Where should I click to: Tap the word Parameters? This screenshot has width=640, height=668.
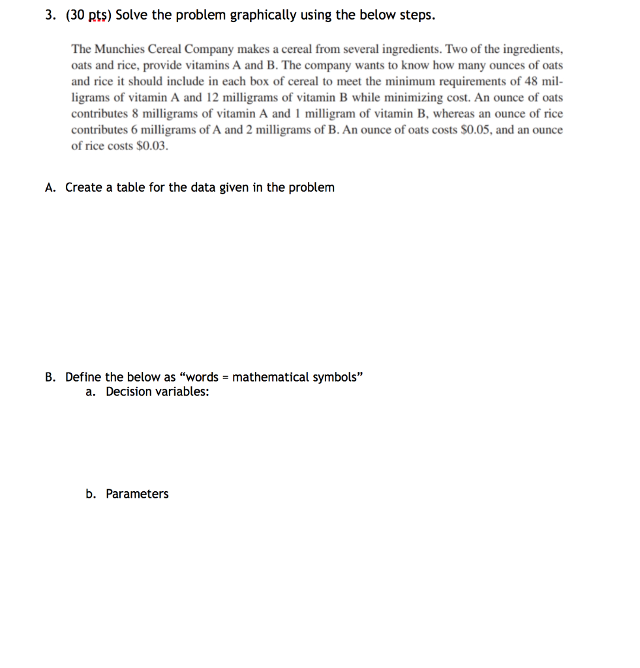click(137, 494)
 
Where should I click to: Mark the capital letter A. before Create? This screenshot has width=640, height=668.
click(51, 188)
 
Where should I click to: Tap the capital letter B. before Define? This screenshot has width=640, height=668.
click(51, 377)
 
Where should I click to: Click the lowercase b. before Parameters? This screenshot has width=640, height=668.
click(91, 494)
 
